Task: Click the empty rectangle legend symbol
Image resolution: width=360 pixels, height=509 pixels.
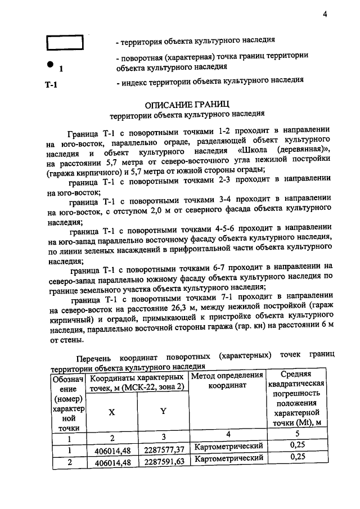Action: click(64, 43)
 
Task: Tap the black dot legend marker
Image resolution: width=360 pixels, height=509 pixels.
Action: click(51, 64)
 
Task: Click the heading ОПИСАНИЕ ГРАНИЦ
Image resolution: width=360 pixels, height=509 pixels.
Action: click(187, 104)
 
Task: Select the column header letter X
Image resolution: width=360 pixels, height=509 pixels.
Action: click(112, 411)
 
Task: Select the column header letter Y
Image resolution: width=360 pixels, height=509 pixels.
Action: click(164, 411)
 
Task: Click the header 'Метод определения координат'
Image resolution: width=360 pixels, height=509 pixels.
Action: click(228, 381)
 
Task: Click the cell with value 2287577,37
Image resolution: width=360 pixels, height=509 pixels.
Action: click(163, 450)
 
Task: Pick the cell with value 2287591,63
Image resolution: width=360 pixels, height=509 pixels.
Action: click(163, 462)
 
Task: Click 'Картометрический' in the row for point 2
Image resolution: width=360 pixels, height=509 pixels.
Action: click(228, 459)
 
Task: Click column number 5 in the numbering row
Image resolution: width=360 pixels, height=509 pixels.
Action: click(297, 433)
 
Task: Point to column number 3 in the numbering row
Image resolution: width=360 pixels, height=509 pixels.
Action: click(164, 437)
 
